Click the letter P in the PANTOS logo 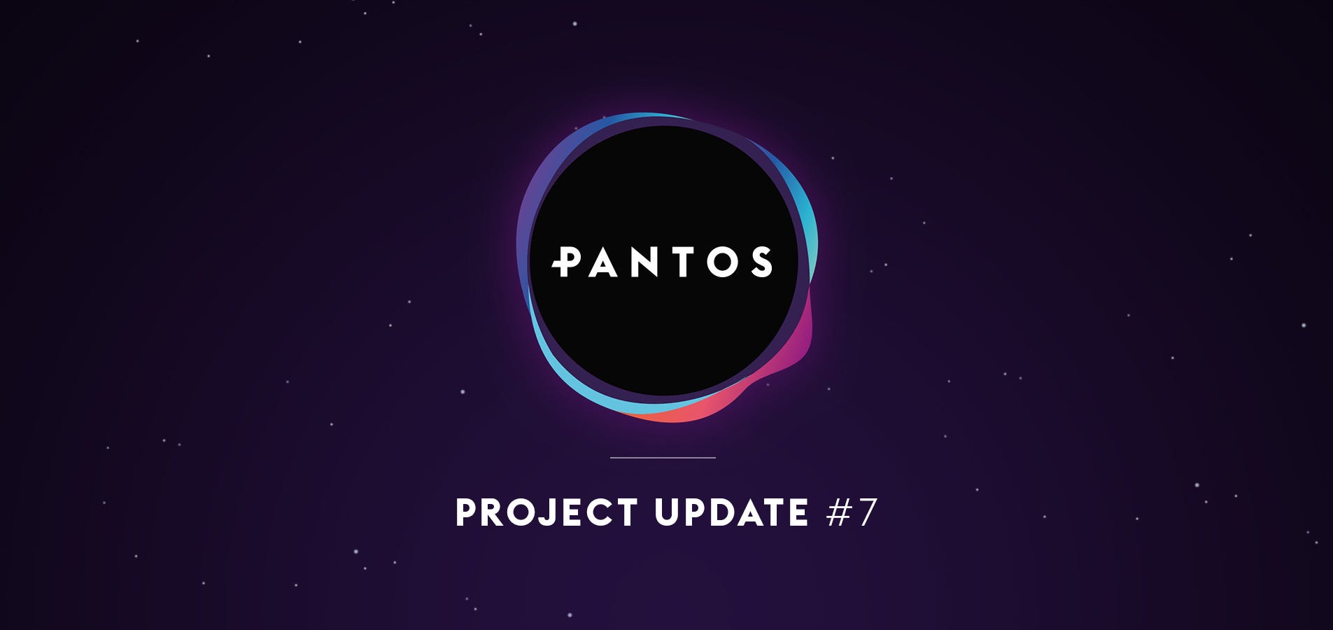tap(568, 262)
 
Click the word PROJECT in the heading tap(546, 512)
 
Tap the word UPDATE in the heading tap(732, 512)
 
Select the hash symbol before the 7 tap(838, 512)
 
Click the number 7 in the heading tap(866, 512)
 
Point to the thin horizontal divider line tap(663, 457)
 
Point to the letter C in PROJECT tap(597, 512)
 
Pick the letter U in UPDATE tap(667, 513)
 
